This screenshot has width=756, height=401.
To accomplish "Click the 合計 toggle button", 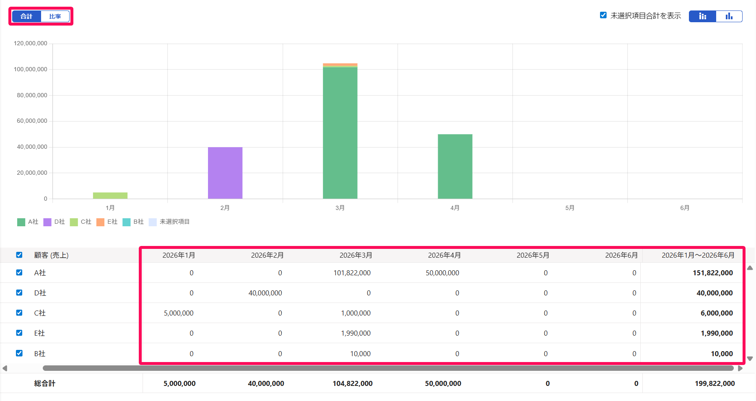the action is coord(26,16).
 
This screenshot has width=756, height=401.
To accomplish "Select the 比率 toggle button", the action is coord(55,16).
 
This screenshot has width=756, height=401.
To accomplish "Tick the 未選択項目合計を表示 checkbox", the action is coord(603,15).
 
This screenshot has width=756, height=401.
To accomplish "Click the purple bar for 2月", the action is coord(225,173).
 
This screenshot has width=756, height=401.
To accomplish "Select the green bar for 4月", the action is coord(455,166).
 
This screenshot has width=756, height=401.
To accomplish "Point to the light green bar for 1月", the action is coord(110,195).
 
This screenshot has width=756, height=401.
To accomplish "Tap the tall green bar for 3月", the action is coord(340,133).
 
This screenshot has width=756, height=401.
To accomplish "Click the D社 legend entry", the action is coord(54,222).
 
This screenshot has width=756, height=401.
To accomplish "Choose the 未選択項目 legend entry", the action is coord(169,222).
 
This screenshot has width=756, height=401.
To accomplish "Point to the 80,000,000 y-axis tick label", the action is coord(32,95).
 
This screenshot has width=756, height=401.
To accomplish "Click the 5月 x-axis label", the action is coord(570,208).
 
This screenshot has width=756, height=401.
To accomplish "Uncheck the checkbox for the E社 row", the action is coord(19,333).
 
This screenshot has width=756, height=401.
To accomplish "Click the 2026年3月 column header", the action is coord(356,255).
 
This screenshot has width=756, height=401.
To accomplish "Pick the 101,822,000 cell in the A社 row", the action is coord(352,273).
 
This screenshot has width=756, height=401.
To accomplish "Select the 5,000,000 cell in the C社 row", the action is coord(179,313).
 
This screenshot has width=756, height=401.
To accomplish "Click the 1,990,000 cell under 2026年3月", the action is coord(356,333).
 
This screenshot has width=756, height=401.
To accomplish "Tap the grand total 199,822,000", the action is coord(714,383).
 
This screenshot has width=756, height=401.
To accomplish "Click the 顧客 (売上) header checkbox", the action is coord(19,255).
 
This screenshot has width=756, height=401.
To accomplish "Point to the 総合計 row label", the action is coord(45,383).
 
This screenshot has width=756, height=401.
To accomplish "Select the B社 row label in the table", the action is coord(40,354).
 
